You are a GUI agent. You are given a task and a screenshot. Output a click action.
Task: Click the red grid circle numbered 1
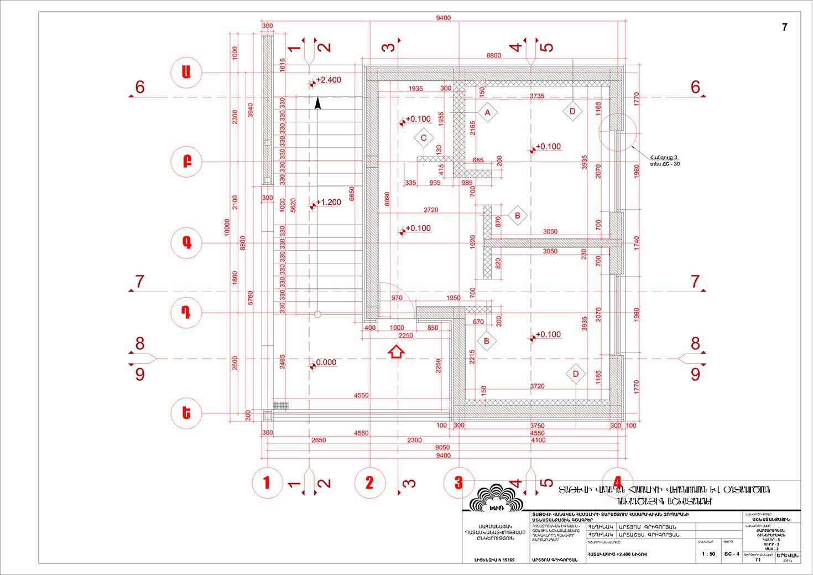(267, 483)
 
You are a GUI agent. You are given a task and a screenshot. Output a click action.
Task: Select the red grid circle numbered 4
(617, 483)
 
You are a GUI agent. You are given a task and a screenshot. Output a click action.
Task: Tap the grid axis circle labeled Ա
(187, 72)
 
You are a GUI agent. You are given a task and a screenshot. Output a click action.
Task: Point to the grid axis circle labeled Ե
(187, 413)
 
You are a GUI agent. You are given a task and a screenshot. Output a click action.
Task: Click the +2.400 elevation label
(328, 80)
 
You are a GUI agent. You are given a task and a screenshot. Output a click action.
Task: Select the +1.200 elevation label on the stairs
(328, 203)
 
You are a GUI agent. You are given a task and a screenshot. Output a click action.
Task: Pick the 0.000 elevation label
(326, 363)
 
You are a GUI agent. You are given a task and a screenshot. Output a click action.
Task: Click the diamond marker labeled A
(487, 113)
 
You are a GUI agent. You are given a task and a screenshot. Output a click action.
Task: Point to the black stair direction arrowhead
(317, 103)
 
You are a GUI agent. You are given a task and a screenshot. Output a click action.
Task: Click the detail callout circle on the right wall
(618, 132)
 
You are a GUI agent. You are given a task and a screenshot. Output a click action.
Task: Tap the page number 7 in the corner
(784, 27)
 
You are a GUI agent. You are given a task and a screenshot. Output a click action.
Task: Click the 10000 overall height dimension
(227, 227)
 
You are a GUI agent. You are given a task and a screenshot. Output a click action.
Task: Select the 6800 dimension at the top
(493, 55)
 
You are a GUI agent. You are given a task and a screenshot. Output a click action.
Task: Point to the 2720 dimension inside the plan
(431, 210)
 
